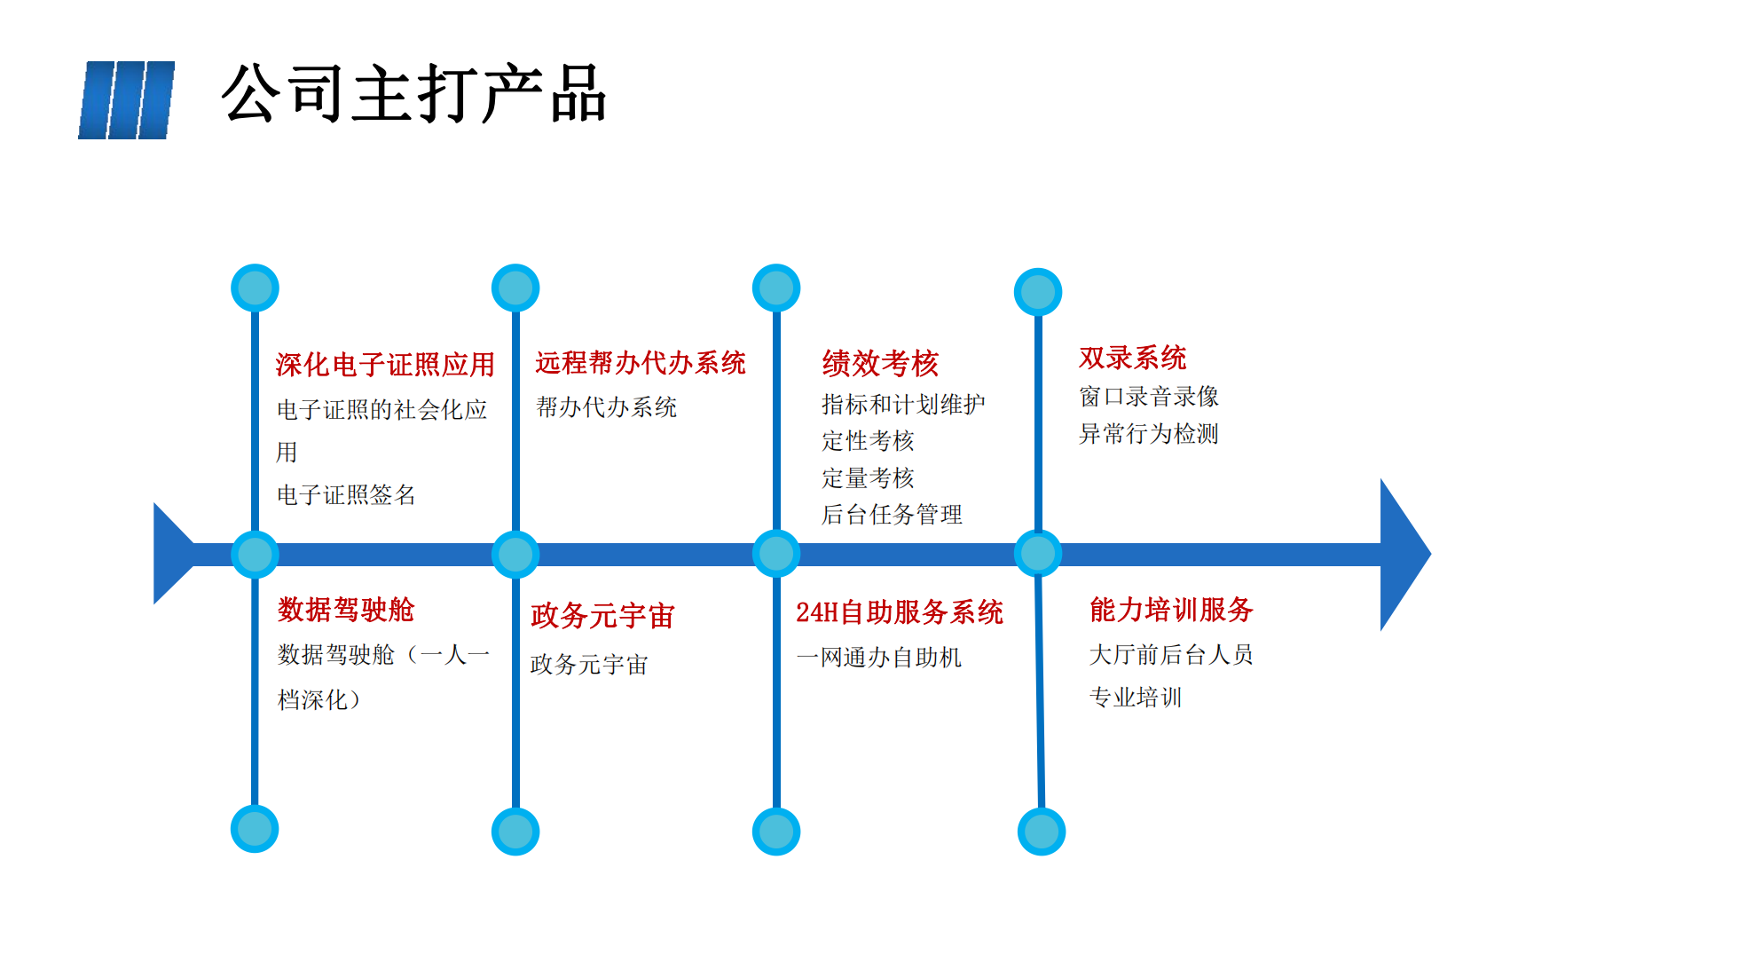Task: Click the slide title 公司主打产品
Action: pos(413,94)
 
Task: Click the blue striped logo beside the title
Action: pos(127,100)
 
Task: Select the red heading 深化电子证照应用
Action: pos(385,364)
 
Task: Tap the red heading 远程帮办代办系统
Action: pos(640,362)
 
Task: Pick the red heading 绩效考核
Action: pos(879,363)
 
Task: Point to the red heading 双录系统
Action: pos(1132,358)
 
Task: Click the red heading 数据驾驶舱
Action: pos(346,610)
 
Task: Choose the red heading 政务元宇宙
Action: pos(602,615)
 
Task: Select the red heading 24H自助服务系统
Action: pos(899,612)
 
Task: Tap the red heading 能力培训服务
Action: pos(1170,610)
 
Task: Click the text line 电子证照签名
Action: pos(346,494)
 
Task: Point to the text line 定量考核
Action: pos(867,477)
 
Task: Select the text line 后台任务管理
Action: pos(892,515)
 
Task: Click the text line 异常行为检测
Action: pos(1148,434)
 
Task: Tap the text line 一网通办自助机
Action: pos(878,658)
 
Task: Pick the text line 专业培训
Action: pos(1135,698)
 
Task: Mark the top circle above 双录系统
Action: pos(1038,291)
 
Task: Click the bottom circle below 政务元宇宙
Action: pos(515,832)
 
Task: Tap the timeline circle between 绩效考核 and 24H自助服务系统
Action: pos(776,554)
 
